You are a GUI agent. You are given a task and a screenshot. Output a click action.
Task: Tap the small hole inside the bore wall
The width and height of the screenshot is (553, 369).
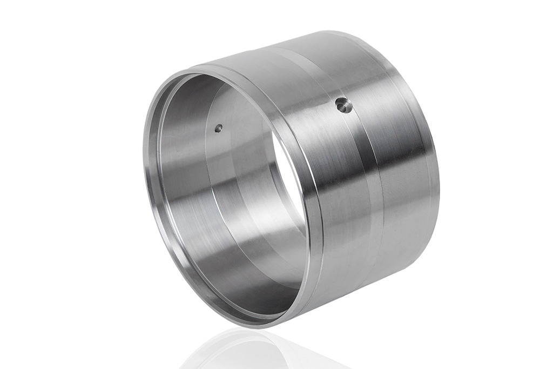pos(218,129)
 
